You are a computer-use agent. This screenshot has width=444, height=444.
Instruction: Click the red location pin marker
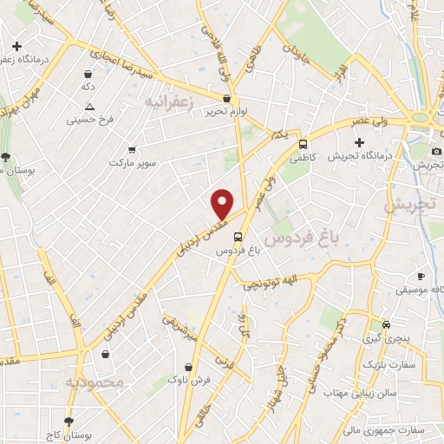pyautogui.click(x=223, y=204)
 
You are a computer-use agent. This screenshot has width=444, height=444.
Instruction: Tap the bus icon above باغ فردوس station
pyautogui.click(x=238, y=235)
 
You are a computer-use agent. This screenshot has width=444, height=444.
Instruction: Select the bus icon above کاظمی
pyautogui.click(x=303, y=144)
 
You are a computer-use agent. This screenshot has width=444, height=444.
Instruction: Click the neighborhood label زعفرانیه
pyautogui.click(x=166, y=103)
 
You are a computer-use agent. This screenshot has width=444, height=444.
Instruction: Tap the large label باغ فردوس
pyautogui.click(x=301, y=236)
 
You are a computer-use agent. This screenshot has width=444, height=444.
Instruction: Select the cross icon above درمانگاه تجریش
pyautogui.click(x=360, y=142)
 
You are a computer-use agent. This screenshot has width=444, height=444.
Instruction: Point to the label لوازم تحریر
pyautogui.click(x=221, y=111)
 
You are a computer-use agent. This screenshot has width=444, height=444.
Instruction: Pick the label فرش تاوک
pyautogui.click(x=187, y=380)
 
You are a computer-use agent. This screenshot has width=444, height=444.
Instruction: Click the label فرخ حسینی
pyautogui.click(x=89, y=120)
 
